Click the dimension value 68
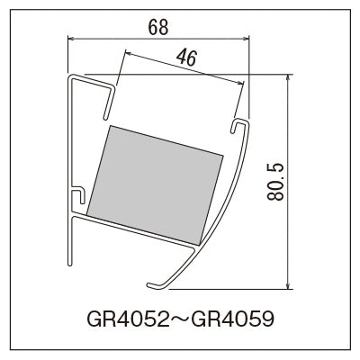point(158,28)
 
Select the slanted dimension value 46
point(186,58)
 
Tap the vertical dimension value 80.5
point(274,182)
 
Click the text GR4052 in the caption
point(128,319)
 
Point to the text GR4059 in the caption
point(233,319)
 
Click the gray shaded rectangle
point(155,184)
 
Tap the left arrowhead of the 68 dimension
point(70,38)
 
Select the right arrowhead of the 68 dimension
point(246,38)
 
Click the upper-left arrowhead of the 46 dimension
point(128,53)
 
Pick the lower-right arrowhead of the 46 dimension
point(239,83)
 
